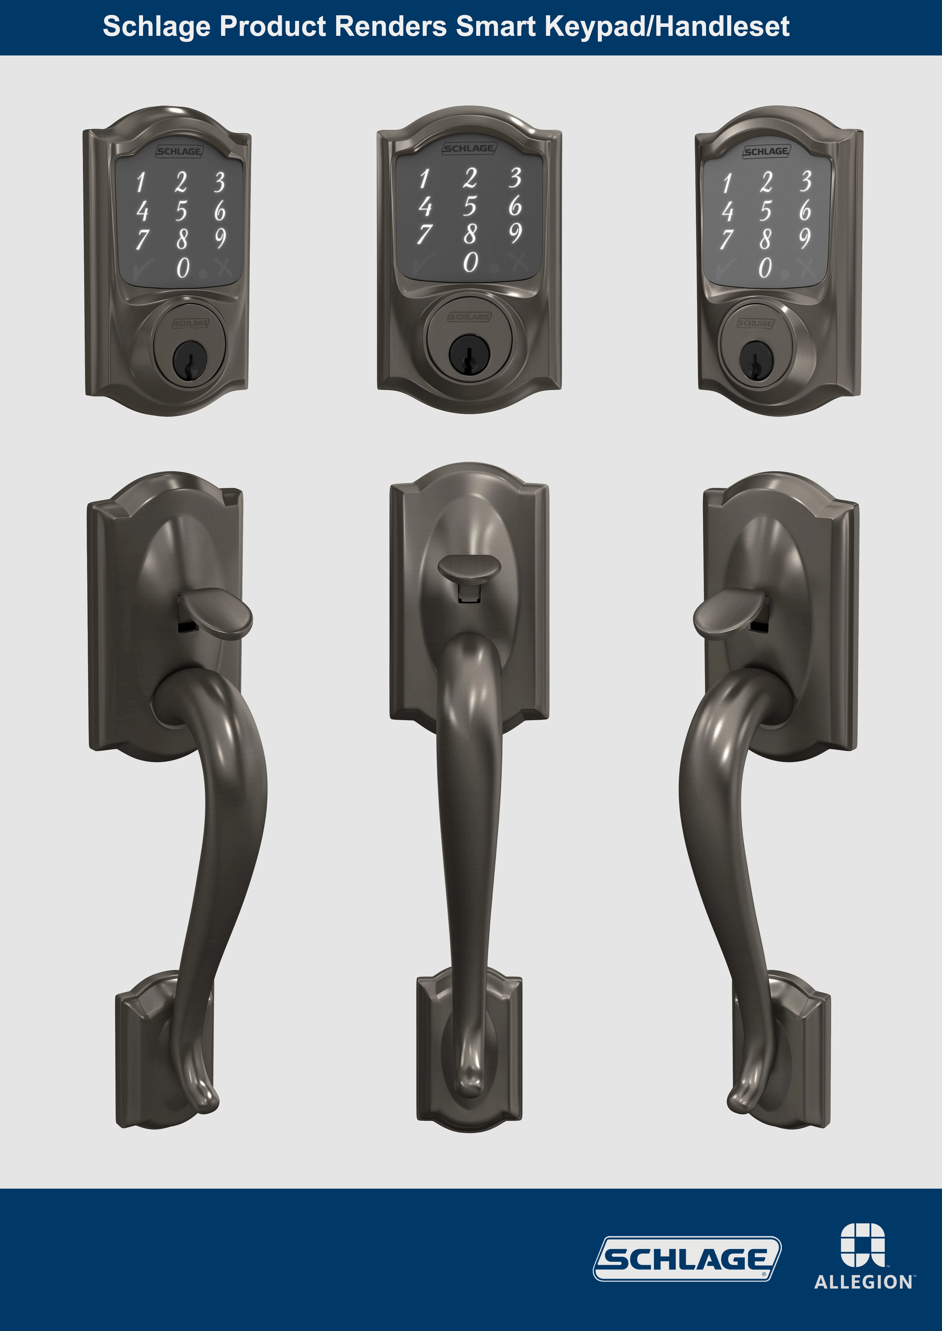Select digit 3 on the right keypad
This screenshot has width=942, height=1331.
tap(805, 182)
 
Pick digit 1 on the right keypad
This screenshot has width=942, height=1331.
tap(727, 183)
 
